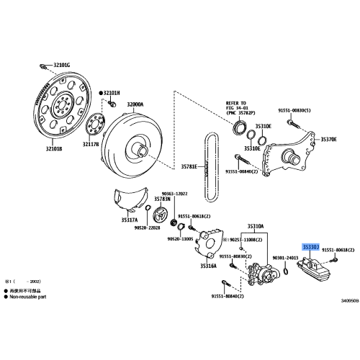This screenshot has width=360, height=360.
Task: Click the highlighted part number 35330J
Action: [x=313, y=247]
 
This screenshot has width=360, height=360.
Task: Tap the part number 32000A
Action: [x=136, y=104]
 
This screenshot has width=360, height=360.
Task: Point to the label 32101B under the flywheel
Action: [x=53, y=148]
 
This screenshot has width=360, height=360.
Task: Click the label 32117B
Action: [x=90, y=145]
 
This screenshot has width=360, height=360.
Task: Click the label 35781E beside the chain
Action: [x=189, y=166]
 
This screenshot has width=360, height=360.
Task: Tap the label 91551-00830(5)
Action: [x=295, y=110]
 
